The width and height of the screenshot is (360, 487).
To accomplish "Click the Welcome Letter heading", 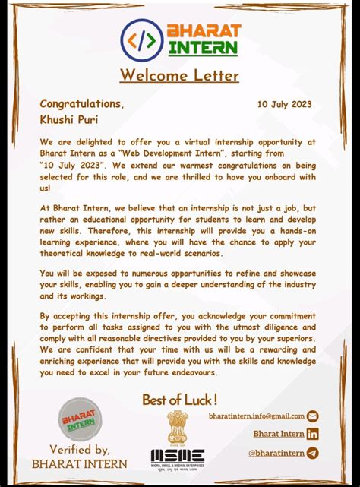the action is pyautogui.click(x=179, y=75).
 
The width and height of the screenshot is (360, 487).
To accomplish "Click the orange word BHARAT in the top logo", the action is pyautogui.click(x=204, y=31).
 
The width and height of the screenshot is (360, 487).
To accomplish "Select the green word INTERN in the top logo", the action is pyautogui.click(x=204, y=48).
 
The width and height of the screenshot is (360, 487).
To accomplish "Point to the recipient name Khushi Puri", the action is pyautogui.click(x=69, y=119).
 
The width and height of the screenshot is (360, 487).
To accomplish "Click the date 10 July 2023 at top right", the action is pyautogui.click(x=284, y=104).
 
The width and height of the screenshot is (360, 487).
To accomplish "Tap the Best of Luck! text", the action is pyautogui.click(x=180, y=399).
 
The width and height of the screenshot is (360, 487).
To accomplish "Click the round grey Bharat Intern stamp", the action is pyautogui.click(x=80, y=419).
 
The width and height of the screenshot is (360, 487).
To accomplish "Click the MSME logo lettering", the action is pyautogui.click(x=177, y=456).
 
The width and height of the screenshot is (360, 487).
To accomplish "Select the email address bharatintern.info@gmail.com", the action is pyautogui.click(x=257, y=416).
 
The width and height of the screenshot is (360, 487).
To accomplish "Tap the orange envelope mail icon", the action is pyautogui.click(x=312, y=416).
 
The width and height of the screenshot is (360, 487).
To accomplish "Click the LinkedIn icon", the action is pyautogui.click(x=312, y=434).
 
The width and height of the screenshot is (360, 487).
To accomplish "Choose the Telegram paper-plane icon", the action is pyautogui.click(x=312, y=453).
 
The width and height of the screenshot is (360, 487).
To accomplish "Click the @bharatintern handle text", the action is pyautogui.click(x=276, y=454).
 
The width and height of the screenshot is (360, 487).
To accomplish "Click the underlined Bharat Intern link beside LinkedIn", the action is pyautogui.click(x=279, y=434).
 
